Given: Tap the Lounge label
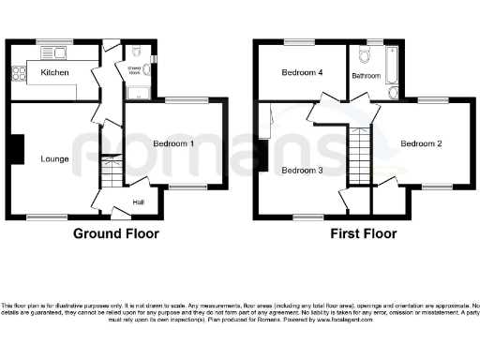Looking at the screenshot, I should [x=53, y=158].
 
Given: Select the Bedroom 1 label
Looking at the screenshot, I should [x=172, y=143].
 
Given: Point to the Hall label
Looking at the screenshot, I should [x=138, y=201].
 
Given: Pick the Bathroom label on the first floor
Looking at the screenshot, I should [x=366, y=75].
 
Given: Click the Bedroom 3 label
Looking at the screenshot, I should [x=303, y=170].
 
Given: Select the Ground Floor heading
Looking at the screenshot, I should [x=115, y=233].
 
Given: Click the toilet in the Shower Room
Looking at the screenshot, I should [x=136, y=51].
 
